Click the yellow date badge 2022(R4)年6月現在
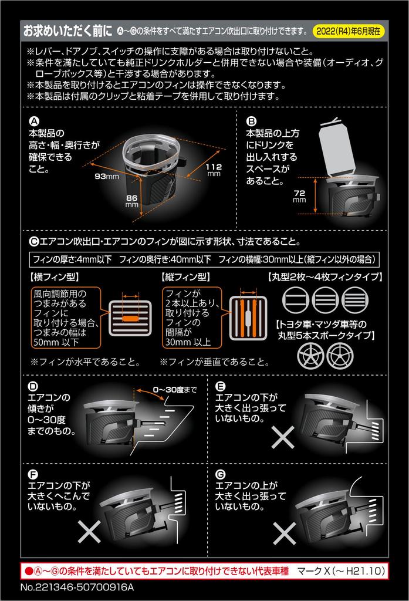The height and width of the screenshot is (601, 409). (x=350, y=30)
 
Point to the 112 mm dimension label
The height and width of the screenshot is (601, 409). (x=214, y=170)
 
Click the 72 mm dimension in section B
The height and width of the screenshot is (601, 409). (x=299, y=195)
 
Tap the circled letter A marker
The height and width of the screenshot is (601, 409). (x=33, y=120)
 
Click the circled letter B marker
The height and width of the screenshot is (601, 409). (x=251, y=120)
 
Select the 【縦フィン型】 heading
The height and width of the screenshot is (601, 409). (x=184, y=276)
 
